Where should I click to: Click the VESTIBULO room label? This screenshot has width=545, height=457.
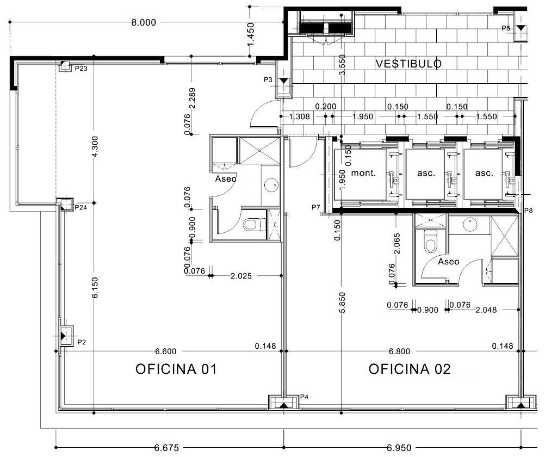click(x=408, y=64)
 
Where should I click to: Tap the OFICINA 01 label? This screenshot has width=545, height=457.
click(x=176, y=369)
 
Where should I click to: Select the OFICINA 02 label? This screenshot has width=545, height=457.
click(x=410, y=369)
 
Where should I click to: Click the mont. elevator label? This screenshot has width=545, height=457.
click(x=363, y=173)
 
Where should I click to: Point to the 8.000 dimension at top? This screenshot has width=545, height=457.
click(x=144, y=23)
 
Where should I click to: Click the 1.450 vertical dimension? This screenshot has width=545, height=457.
click(x=250, y=34)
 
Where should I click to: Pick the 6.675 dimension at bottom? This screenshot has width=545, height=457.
click(x=166, y=448)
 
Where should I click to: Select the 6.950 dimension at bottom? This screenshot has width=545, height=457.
click(x=399, y=448)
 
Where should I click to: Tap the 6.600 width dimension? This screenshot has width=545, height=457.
click(x=165, y=351)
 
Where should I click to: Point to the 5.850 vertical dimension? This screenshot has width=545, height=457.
click(x=342, y=302)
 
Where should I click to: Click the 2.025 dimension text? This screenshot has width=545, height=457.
click(x=241, y=276)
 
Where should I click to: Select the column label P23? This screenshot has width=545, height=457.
click(x=81, y=69)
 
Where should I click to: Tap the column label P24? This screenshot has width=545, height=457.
click(x=80, y=208)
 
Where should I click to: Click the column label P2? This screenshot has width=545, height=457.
click(x=82, y=342)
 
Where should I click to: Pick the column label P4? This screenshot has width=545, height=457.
click(x=305, y=397)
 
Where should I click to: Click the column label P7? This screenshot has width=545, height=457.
click(x=315, y=207)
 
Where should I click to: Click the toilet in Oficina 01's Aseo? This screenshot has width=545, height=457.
click(x=253, y=224)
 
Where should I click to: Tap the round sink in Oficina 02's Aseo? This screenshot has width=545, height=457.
click(x=469, y=224)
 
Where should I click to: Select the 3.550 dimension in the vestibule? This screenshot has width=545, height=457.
click(x=342, y=65)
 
